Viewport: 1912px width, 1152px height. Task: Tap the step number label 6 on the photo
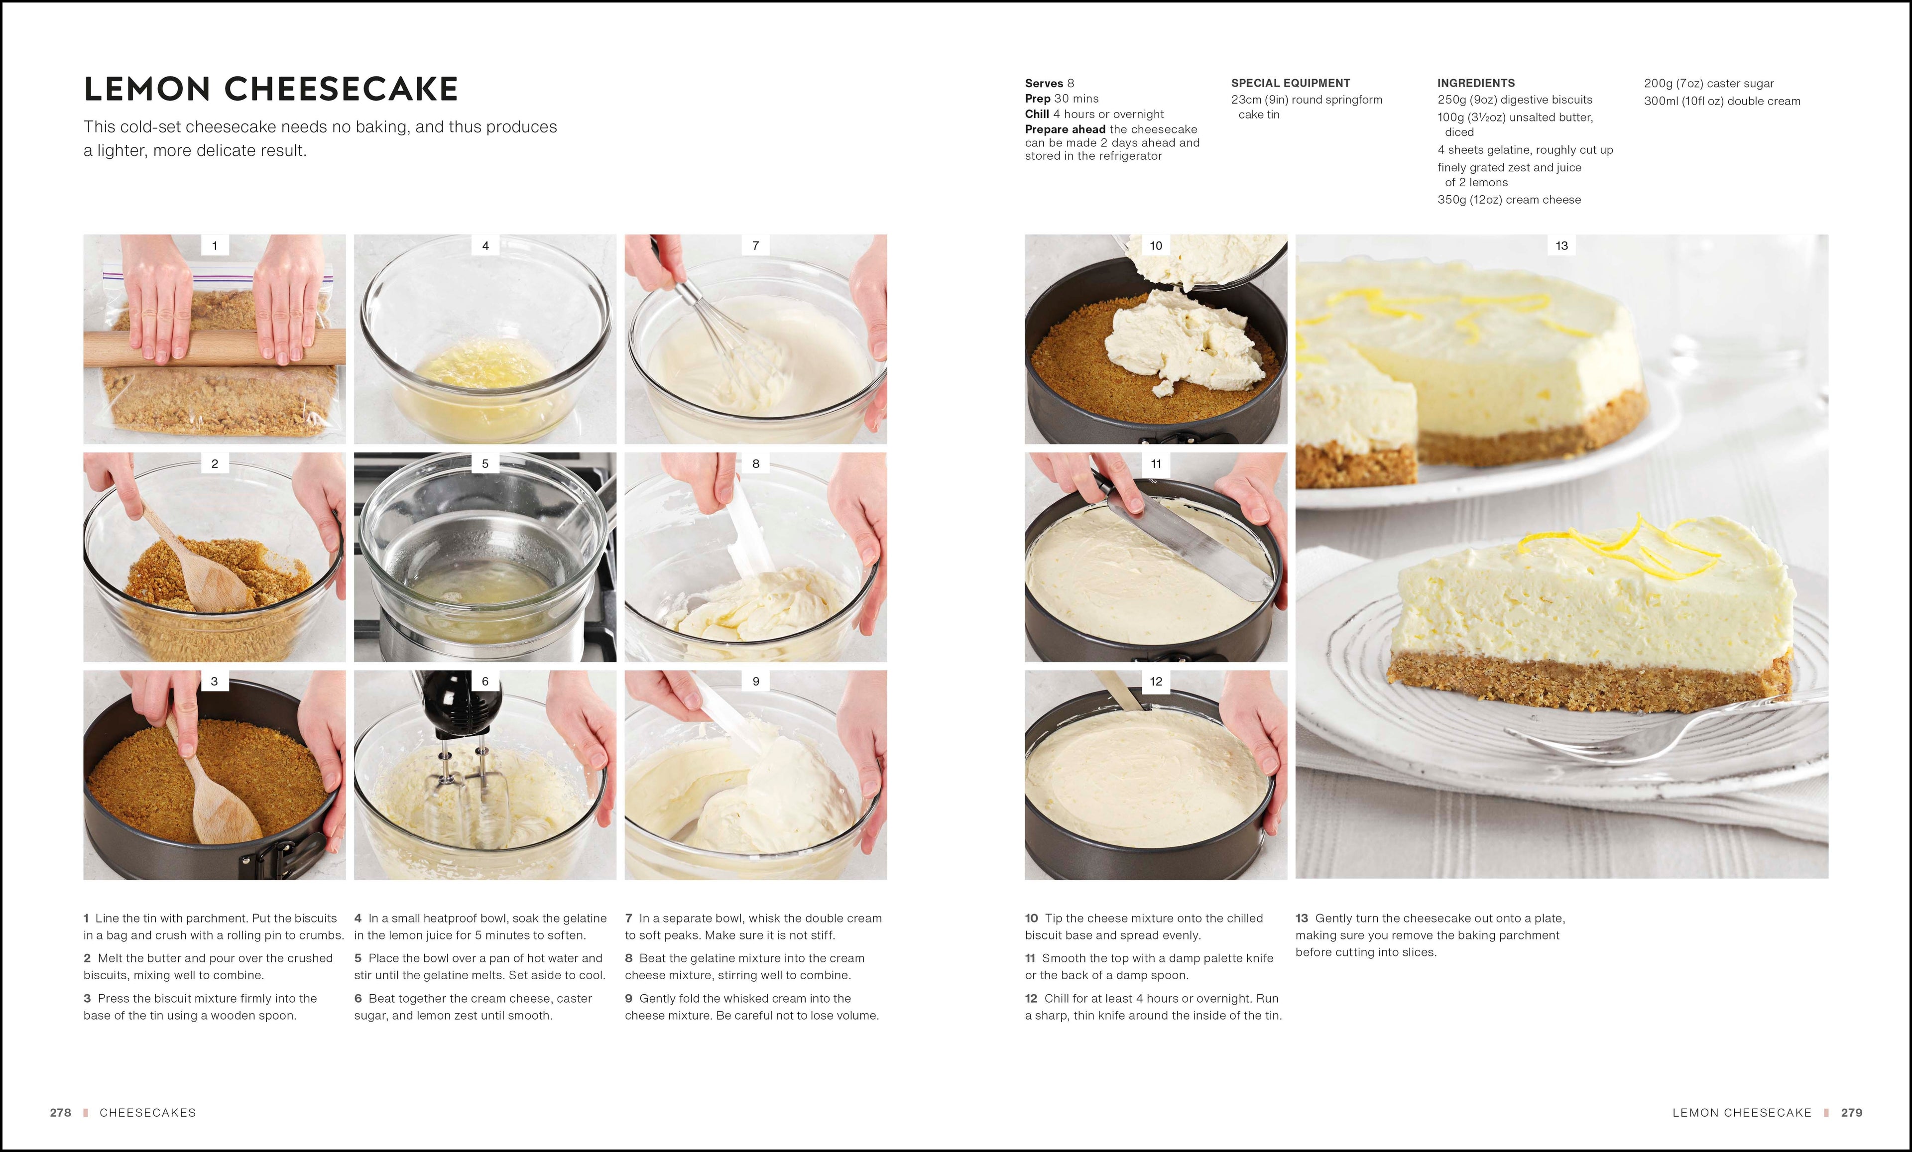point(485,681)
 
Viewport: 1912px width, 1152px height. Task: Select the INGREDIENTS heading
point(1475,83)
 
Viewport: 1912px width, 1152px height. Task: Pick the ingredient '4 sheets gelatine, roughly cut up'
point(1525,150)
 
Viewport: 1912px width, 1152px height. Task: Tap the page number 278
point(61,1113)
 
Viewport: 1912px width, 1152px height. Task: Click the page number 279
point(1851,1113)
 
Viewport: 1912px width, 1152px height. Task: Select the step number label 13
point(1561,246)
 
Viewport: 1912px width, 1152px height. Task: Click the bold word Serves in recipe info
point(1044,83)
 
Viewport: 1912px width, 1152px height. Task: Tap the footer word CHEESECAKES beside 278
point(147,1113)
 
